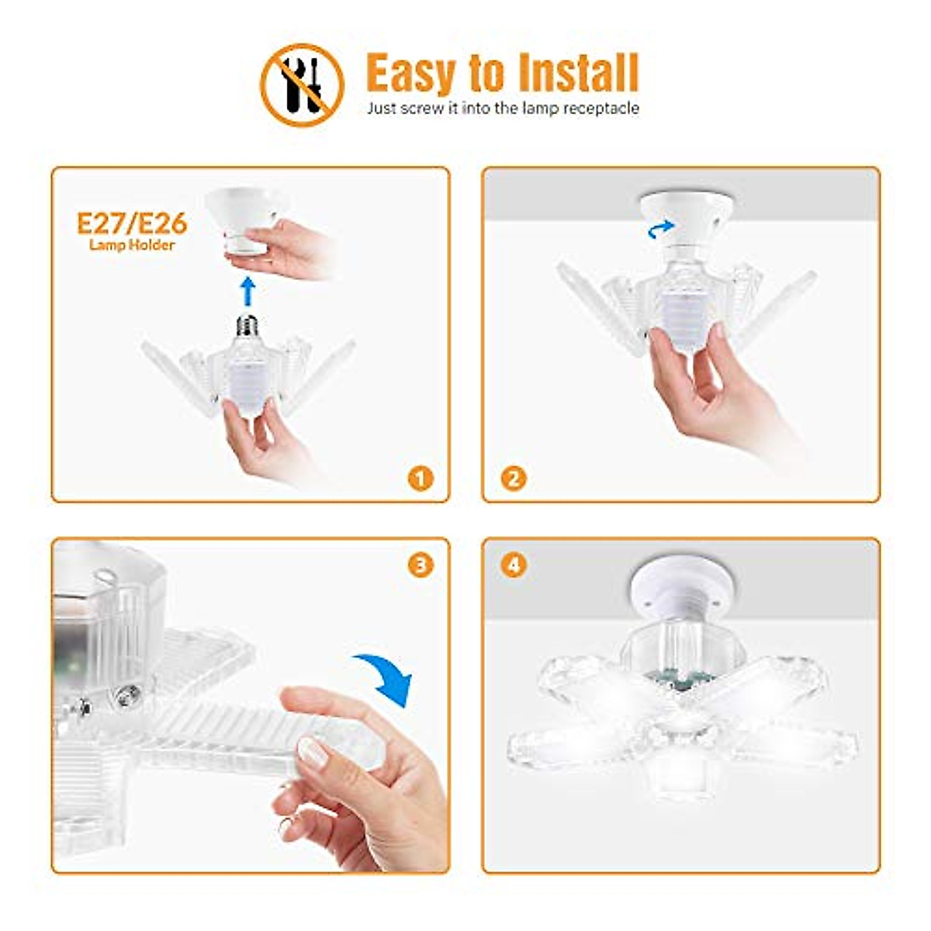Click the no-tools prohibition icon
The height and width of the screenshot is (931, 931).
coord(302,84)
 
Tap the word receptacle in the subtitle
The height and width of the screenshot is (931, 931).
coord(600,109)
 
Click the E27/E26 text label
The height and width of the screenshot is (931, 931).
coord(132,223)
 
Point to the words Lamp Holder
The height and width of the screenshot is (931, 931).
coord(132,245)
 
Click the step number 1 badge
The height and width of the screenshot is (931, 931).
coord(421,478)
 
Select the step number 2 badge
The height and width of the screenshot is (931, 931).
coord(513,478)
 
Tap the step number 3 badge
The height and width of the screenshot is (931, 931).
coord(421,565)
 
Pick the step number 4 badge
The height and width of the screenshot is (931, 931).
coord(513,565)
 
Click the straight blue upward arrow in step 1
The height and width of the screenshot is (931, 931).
coord(247,292)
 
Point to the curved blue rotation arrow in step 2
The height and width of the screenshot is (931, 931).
coord(661,227)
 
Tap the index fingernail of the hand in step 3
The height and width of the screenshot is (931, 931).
coord(314,751)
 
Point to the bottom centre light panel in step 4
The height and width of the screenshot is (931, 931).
coord(681,776)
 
